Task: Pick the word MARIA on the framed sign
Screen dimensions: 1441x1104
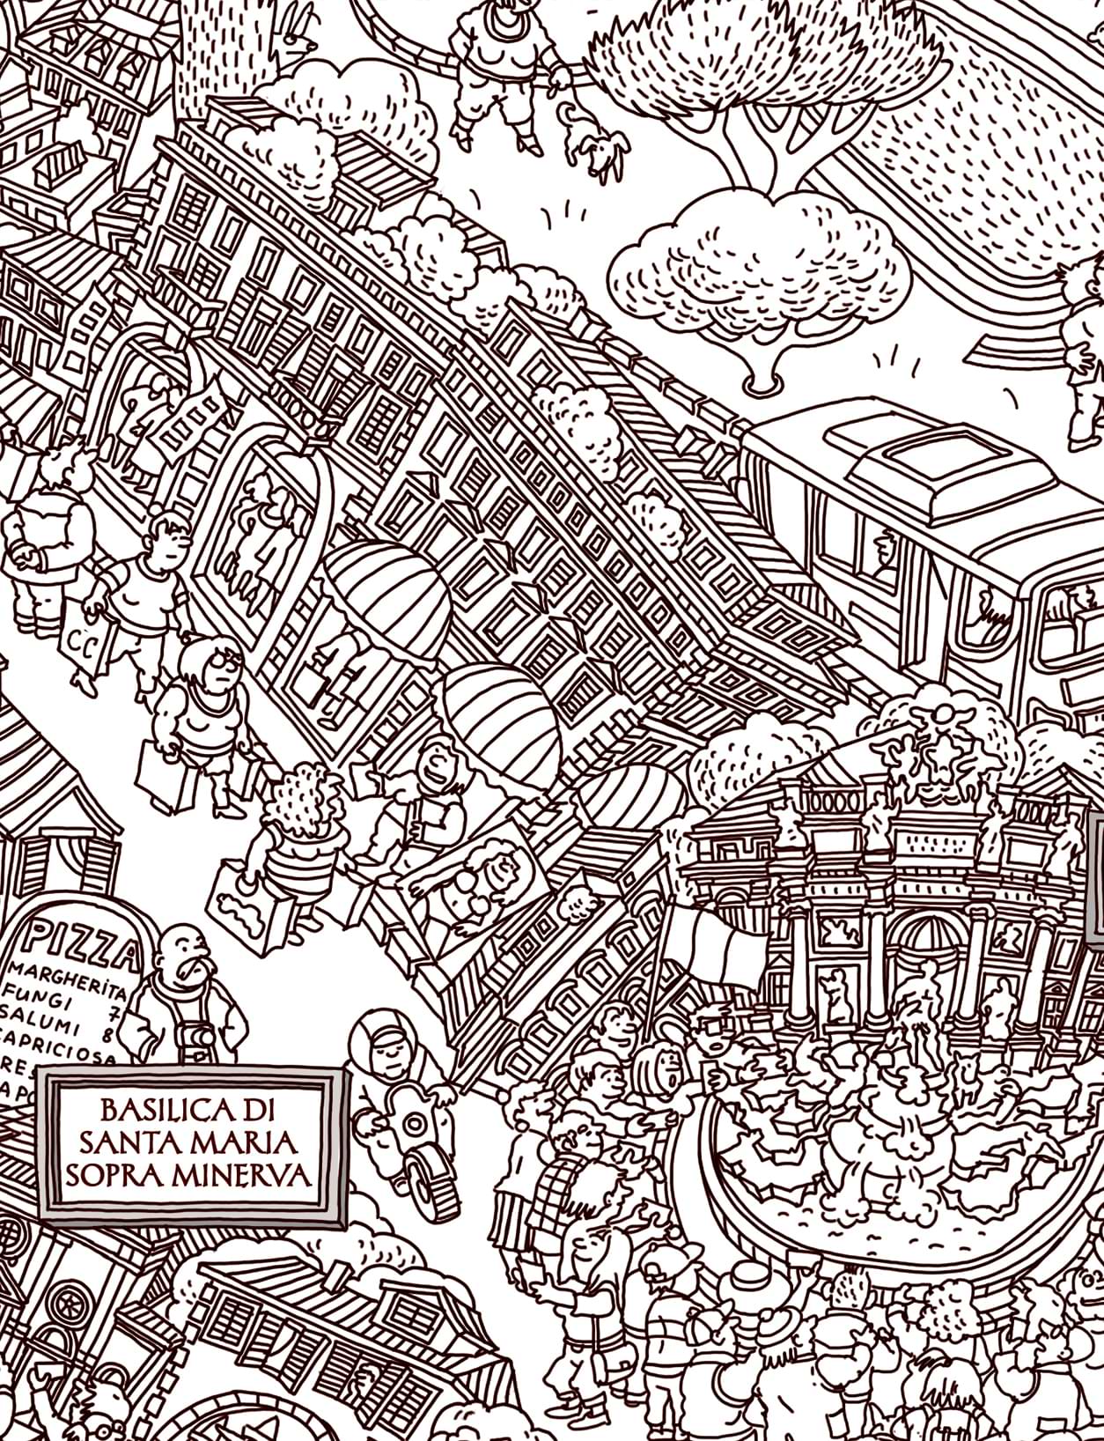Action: pos(247,1142)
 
